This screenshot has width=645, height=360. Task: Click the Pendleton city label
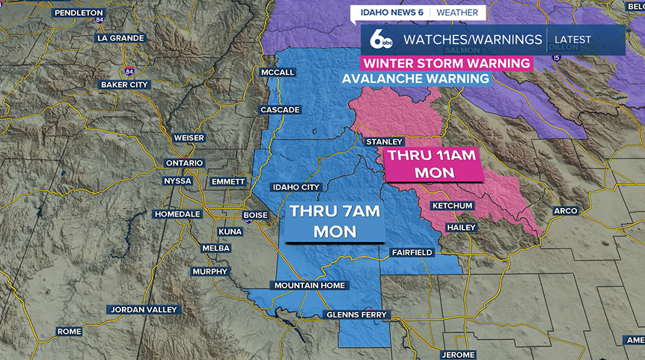(x=78, y=13)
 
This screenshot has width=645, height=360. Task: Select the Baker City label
(x=124, y=85)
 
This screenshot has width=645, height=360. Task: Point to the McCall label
(x=278, y=72)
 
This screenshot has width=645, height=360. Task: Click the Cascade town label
(x=280, y=110)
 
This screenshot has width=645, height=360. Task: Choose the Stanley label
(x=384, y=141)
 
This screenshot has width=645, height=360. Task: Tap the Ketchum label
(x=452, y=206)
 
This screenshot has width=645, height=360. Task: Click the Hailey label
(x=460, y=227)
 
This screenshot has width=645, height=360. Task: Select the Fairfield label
(x=412, y=253)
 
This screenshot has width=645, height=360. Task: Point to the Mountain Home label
(x=309, y=285)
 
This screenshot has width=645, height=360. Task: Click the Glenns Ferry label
(x=357, y=314)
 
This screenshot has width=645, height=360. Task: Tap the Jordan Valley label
(x=144, y=309)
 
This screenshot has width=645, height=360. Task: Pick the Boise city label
(x=255, y=215)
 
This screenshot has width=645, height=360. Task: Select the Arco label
(x=565, y=211)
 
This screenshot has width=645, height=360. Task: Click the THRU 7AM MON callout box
(x=334, y=222)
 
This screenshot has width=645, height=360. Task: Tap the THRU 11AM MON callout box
(x=434, y=164)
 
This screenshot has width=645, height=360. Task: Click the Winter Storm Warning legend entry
(x=447, y=64)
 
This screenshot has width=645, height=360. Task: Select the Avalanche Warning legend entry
(x=415, y=79)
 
